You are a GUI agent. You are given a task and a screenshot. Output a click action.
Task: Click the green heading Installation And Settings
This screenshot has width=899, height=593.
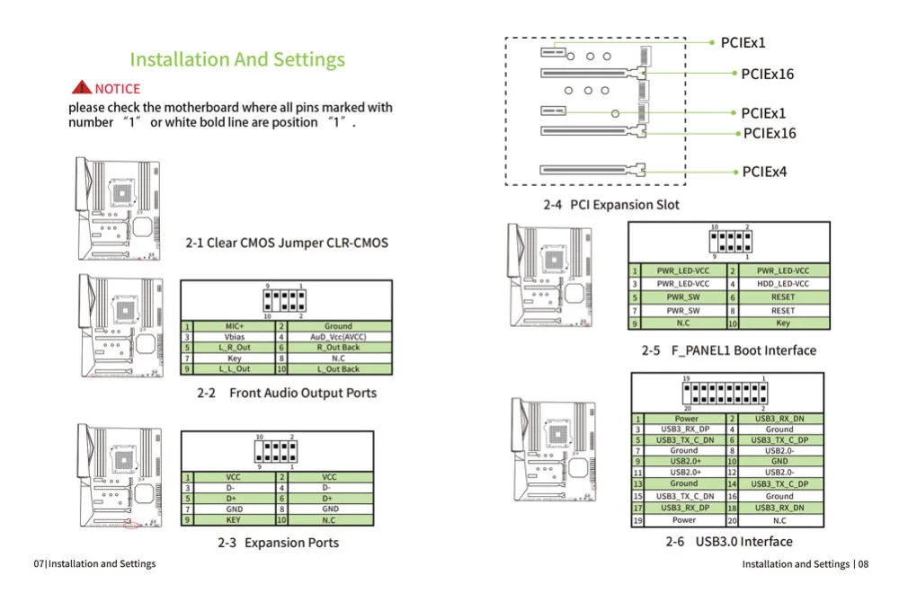point(237,60)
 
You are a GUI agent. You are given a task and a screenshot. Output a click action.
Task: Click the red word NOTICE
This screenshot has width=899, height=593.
point(118,89)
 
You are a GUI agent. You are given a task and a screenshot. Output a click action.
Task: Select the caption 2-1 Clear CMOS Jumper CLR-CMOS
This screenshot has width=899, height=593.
point(287,243)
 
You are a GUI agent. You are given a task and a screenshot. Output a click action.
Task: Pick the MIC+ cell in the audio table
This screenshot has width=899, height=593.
point(234,326)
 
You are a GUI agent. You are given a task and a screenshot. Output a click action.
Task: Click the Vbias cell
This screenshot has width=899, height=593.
point(234,337)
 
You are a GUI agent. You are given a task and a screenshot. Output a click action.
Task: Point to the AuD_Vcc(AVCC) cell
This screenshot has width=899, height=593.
point(339,337)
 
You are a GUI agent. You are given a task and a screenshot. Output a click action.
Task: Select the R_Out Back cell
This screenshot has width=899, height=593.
point(339,348)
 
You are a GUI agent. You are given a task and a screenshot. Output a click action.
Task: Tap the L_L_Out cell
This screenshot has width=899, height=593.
point(234,369)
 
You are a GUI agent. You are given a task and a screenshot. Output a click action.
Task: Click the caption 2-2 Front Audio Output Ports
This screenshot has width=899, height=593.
point(287,393)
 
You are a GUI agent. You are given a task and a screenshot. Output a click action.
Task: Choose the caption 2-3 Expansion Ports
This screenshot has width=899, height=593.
point(279,543)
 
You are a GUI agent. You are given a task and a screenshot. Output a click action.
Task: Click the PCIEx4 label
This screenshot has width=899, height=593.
point(764,172)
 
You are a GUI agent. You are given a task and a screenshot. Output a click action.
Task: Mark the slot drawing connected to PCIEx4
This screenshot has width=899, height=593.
point(593,169)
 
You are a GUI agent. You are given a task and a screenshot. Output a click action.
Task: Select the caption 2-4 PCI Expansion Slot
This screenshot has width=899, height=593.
point(611,205)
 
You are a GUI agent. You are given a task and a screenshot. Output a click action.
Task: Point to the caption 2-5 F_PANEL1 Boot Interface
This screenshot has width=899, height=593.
point(729,350)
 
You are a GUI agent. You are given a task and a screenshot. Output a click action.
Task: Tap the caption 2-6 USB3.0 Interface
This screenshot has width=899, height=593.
point(729,542)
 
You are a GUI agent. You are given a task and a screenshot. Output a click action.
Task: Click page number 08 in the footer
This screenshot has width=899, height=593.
point(863,564)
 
